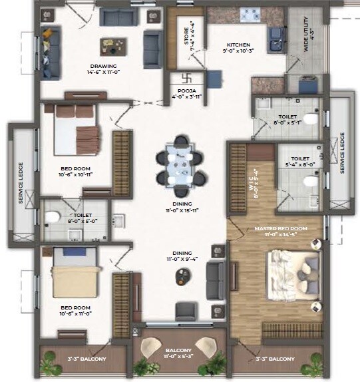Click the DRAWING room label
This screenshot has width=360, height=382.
[104, 67]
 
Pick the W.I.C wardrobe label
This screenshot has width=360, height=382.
[254, 178]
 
